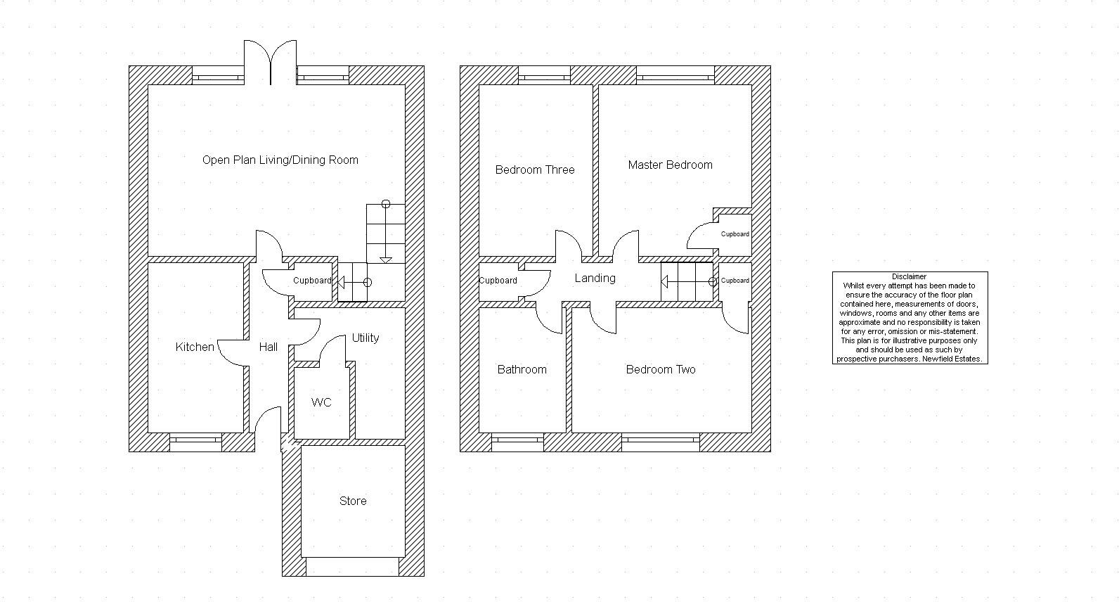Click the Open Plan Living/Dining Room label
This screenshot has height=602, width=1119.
coord(280,160)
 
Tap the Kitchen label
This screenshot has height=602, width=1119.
coord(195,347)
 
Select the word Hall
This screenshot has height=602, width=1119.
coord(268,347)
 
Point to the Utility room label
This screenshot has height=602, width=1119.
coord(366,338)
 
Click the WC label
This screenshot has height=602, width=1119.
coord(321,402)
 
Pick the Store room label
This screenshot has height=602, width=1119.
coord(353,501)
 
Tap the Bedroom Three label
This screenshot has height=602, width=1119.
coord(535,169)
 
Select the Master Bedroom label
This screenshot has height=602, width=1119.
coord(670,165)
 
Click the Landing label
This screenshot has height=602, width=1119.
coord(595,278)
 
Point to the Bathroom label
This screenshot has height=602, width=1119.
coord(522,369)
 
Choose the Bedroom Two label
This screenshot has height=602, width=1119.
coord(661,369)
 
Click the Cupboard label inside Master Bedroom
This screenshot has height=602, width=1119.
coord(735,234)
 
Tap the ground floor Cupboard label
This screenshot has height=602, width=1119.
coord(312,281)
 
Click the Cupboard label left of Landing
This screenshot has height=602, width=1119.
coord(498,281)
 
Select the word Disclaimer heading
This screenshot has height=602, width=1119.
coord(910,277)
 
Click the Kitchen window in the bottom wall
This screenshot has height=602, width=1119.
coord(196,442)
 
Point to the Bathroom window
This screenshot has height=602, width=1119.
coord(517,442)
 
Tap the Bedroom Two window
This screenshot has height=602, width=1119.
coord(661,442)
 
